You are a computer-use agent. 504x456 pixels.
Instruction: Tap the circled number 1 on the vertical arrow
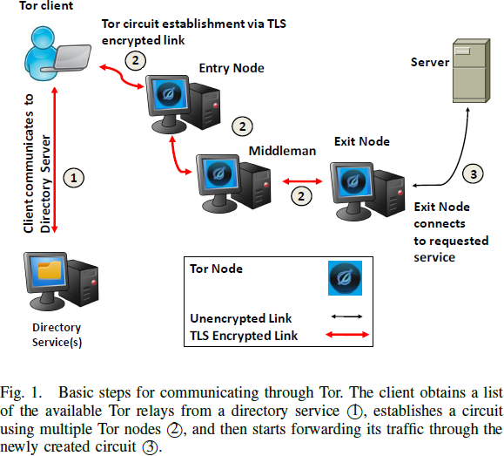75,177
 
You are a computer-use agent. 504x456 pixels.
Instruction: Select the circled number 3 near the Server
473,174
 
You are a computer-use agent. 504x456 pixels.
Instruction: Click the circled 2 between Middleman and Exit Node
301,195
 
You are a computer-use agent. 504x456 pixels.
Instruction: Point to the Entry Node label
232,68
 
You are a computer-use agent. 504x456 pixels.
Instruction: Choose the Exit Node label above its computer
362,141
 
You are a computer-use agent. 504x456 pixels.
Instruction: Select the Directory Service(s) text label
57,334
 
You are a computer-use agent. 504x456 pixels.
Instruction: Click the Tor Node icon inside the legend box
344,278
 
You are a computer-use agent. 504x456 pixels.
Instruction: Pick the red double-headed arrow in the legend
347,336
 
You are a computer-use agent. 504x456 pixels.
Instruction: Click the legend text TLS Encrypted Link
244,336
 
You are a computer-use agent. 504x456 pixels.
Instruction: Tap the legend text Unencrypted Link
241,318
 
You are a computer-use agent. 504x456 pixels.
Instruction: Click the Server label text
430,62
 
